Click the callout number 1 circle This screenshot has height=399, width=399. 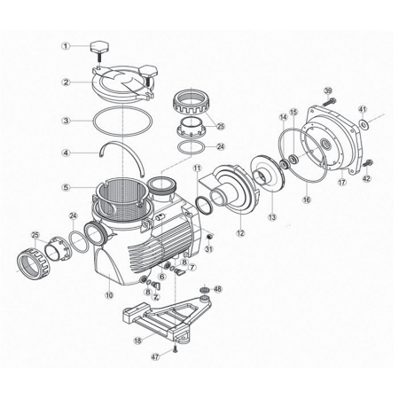click(x=66, y=45)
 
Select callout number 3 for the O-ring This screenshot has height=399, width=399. click(x=66, y=120)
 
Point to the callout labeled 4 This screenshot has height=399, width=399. click(x=66, y=153)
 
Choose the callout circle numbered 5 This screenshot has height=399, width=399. click(x=66, y=187)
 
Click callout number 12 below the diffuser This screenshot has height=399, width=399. click(x=239, y=232)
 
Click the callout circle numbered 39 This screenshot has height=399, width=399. click(x=327, y=91)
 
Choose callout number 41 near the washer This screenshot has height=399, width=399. click(x=363, y=109)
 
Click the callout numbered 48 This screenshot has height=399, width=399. click(x=218, y=289)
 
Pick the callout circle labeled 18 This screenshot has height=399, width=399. click(x=137, y=340)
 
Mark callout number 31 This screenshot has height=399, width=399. click(x=209, y=248)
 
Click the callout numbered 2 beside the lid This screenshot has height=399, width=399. click(x=66, y=82)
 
